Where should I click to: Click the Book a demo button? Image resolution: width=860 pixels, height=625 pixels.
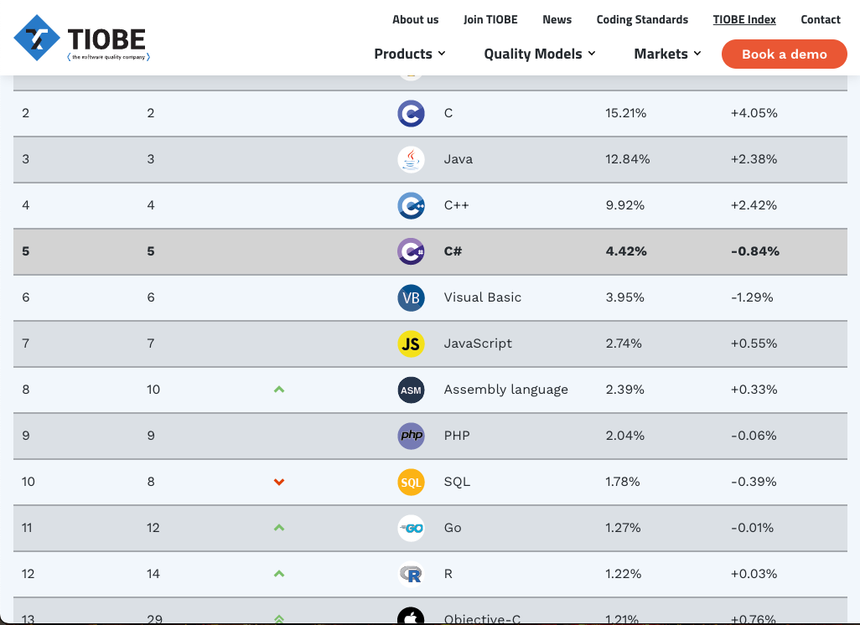[x=784, y=54]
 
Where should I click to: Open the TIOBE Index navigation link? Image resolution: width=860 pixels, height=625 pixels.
[x=744, y=19]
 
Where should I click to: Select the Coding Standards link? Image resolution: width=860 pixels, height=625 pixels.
[x=642, y=19]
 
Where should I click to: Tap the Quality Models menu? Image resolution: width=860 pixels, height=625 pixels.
[x=540, y=54]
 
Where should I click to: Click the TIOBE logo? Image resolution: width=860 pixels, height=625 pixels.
[x=81, y=39]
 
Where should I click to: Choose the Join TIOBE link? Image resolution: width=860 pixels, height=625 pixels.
[x=490, y=19]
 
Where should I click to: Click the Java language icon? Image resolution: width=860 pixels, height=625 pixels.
[x=411, y=159]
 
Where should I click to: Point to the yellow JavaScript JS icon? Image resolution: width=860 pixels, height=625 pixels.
[x=411, y=343]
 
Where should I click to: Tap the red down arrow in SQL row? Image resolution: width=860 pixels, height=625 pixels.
[x=279, y=482]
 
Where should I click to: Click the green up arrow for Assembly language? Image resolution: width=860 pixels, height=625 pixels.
[x=279, y=390]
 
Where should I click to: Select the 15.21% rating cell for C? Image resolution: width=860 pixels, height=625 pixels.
[x=625, y=113]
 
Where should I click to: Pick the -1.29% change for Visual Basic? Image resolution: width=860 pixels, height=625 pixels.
[x=752, y=297]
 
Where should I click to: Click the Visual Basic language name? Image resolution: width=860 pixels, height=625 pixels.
[x=483, y=297]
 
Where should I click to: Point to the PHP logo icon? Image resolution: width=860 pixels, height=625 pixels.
[x=411, y=436]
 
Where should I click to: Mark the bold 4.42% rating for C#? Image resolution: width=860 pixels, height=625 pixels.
[x=625, y=251]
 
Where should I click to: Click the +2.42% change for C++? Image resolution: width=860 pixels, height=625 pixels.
[x=754, y=205]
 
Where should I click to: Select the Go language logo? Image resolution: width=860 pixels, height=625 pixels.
[x=411, y=528]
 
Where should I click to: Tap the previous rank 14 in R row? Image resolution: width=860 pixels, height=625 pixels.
[x=153, y=574]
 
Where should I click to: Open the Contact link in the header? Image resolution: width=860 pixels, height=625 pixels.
[x=821, y=19]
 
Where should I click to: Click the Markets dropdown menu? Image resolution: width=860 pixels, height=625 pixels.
[x=667, y=54]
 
